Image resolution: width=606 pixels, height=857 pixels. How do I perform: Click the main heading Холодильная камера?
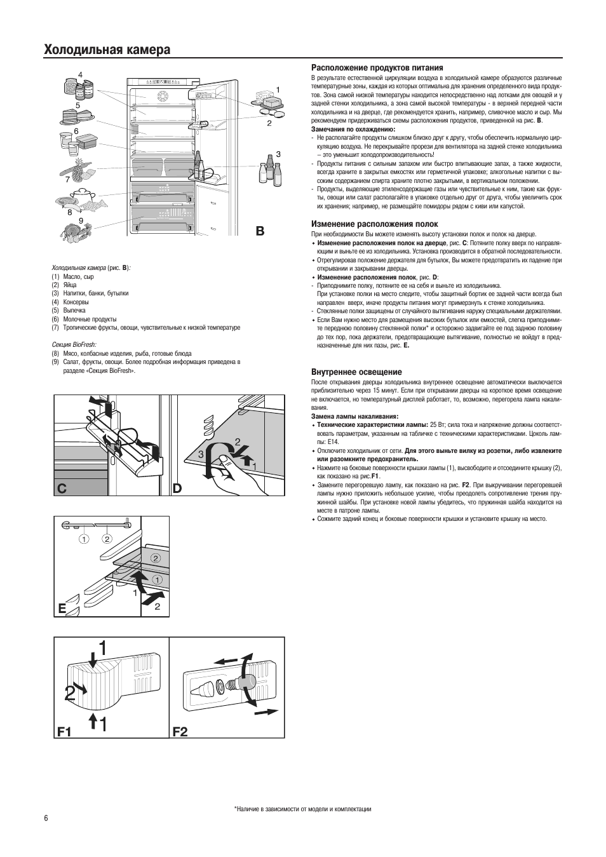107,50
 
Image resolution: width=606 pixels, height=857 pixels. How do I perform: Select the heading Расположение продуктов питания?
377,68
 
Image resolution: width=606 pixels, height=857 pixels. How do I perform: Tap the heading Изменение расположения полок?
374,224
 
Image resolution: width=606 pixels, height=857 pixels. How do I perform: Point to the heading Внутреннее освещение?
356,372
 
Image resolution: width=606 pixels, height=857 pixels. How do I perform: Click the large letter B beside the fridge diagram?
260,231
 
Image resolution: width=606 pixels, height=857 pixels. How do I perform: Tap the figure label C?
62,489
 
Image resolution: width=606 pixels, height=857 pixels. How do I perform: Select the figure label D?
177,489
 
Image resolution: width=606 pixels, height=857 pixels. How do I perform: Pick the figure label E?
62,609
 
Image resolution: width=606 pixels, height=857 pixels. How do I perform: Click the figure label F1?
64,732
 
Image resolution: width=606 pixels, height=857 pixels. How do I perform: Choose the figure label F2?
180,732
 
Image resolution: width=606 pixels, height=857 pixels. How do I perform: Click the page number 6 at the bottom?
46,815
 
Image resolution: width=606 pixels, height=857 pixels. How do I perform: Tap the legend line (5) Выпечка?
69,310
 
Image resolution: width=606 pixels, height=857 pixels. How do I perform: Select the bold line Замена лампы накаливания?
354,416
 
